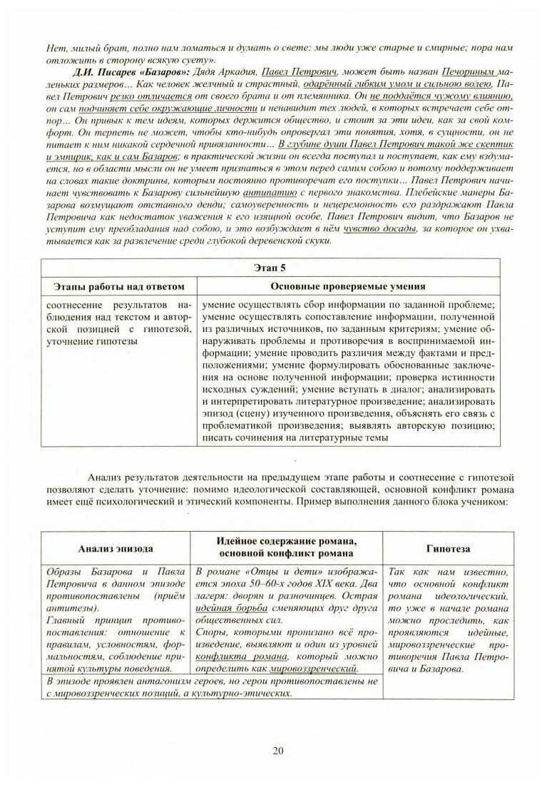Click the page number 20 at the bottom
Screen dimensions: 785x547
tap(278, 750)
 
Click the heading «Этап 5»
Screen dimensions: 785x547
tap(273, 268)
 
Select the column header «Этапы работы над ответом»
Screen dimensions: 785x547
tap(119, 286)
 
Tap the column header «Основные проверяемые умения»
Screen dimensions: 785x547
tap(349, 286)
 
